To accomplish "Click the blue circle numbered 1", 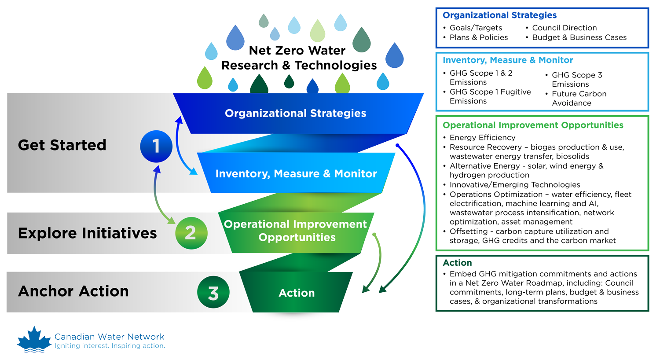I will tap(156, 146).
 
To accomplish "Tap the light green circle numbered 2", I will tap(191, 233).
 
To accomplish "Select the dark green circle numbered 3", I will tap(213, 292).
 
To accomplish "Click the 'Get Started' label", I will tap(62, 145).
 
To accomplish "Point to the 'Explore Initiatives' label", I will tap(87, 233).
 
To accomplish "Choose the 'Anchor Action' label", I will tap(73, 291).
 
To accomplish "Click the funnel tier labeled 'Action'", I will tap(297, 293).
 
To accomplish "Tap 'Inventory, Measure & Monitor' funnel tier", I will tap(296, 174).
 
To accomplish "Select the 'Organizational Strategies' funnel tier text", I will tap(295, 113).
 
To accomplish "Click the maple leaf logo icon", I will tap(34, 339).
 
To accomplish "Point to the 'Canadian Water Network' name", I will tap(109, 337).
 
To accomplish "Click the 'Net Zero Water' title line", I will tap(297, 51).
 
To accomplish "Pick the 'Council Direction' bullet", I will tap(564, 28).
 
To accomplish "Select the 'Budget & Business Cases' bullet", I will tap(579, 37).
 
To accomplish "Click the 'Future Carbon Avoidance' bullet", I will tap(579, 98).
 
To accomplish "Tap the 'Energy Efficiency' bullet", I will tap(482, 137).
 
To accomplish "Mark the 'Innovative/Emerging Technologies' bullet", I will tap(514, 185).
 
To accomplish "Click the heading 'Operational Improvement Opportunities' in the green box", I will tap(533, 125).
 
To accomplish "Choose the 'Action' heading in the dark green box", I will tap(457, 263).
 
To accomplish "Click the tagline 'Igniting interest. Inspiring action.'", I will tap(110, 346).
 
